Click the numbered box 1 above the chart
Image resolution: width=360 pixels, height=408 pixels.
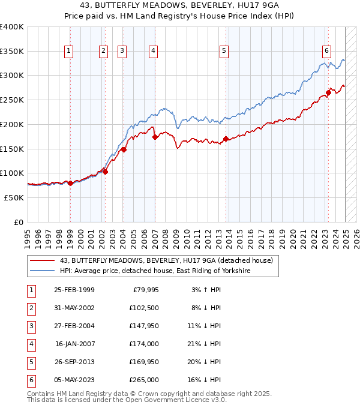click(70, 52)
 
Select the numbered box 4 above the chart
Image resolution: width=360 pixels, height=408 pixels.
click(154, 52)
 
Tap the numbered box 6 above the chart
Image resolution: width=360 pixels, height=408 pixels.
click(326, 52)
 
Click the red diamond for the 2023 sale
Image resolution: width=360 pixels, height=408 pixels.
click(329, 92)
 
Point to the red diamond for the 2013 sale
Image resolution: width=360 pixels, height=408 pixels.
click(226, 139)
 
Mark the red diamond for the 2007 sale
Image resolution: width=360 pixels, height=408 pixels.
click(155, 137)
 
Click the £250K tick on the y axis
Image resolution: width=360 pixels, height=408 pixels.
click(12, 100)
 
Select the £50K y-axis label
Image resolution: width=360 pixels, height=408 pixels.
click(14, 197)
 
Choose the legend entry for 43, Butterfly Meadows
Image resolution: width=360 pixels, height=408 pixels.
click(166, 260)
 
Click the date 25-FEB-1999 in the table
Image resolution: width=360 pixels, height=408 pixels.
click(74, 290)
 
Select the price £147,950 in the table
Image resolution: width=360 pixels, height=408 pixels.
click(144, 326)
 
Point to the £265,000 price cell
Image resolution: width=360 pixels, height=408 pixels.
click(144, 380)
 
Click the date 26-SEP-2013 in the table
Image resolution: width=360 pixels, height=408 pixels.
click(74, 362)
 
